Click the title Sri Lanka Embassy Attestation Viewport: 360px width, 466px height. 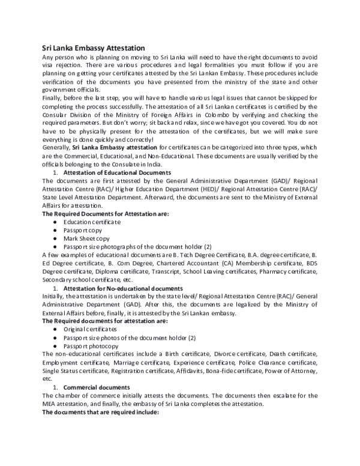pyautogui.click(x=93, y=47)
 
